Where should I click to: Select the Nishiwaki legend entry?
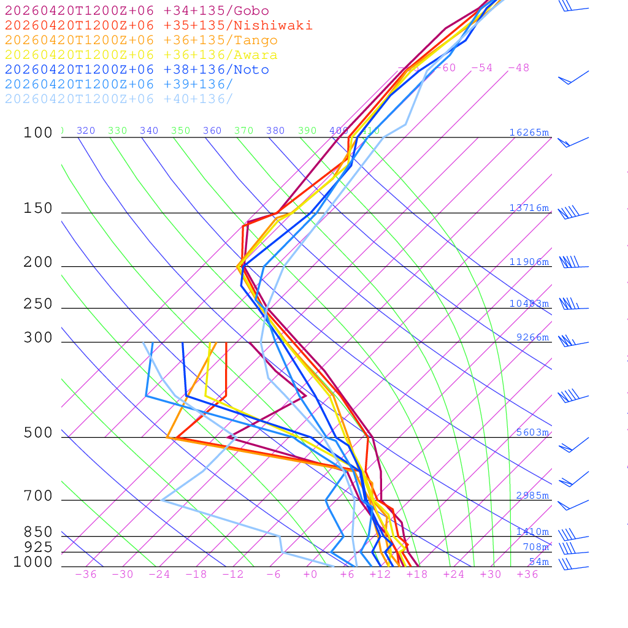point(158,25)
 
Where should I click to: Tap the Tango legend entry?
point(141,40)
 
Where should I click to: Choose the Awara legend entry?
point(141,55)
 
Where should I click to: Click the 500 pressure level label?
point(38,433)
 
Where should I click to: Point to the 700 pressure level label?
point(38,496)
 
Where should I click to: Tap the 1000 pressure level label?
point(33,562)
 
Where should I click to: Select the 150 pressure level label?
point(38,209)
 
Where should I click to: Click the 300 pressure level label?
point(38,338)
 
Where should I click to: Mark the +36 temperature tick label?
point(527,574)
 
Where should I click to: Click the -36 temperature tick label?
point(85,574)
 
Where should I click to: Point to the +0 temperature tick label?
point(310,574)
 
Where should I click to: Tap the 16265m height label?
point(529,132)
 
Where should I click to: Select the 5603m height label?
point(532,432)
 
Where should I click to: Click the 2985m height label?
point(532,496)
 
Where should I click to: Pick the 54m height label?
point(539,562)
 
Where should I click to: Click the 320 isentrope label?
point(86,131)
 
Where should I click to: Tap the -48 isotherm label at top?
point(518,67)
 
